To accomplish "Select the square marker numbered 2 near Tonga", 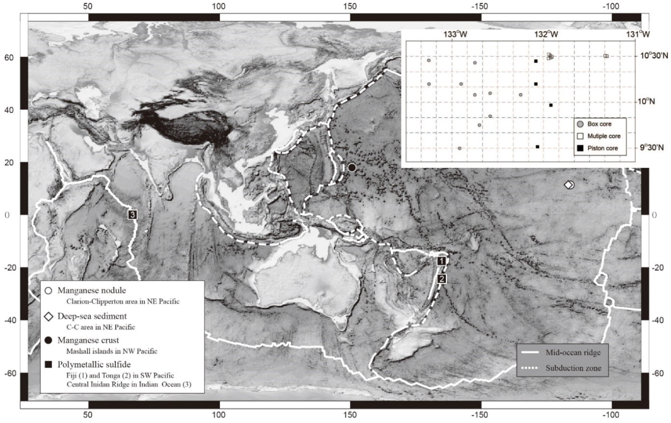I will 442,279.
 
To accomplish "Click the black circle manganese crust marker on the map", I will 352,168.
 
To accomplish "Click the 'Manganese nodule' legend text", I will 92,290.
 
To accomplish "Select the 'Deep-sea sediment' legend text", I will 92,316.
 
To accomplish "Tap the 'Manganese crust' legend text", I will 88,340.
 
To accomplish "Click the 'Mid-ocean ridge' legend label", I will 573,352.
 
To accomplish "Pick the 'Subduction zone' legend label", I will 573,368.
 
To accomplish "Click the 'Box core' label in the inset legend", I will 599,124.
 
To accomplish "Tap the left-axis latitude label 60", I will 9,58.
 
